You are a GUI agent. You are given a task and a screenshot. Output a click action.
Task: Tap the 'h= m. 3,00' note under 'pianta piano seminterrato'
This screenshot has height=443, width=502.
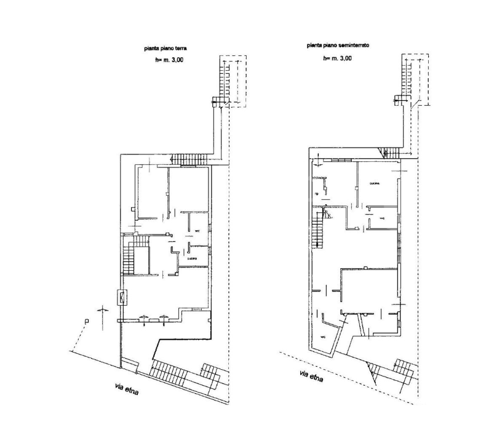point(337,58)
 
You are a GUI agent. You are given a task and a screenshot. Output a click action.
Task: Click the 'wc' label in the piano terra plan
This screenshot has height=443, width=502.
point(197,231)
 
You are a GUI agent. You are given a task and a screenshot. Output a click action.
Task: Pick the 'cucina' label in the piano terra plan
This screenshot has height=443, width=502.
point(192,258)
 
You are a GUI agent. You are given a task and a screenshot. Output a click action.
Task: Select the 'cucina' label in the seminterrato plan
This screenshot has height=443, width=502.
point(375,183)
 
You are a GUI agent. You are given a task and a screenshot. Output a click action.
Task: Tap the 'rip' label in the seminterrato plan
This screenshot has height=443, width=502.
point(317,193)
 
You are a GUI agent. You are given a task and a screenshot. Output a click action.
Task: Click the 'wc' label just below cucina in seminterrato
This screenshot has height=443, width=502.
point(381,218)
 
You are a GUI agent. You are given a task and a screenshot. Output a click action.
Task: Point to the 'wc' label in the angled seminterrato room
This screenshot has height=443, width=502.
point(322,337)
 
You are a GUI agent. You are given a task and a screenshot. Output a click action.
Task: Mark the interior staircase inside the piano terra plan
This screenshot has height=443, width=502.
point(129,259)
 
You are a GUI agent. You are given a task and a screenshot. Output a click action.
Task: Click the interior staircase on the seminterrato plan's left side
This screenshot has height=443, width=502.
point(318,234)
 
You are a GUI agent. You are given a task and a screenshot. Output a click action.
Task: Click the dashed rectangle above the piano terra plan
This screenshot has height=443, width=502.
point(234,80)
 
